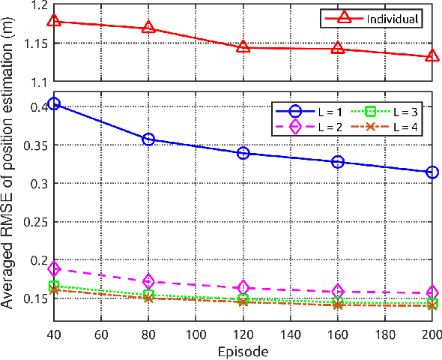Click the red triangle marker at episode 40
[53, 21]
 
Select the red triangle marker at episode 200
[432, 56]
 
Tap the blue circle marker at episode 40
[53, 104]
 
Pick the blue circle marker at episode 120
[243, 153]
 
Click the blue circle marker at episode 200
[432, 172]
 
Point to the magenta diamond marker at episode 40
[53, 268]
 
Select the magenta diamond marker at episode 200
[432, 292]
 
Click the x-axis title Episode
[242, 350]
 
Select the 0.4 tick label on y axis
[37, 106]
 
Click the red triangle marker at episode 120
[243, 47]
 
